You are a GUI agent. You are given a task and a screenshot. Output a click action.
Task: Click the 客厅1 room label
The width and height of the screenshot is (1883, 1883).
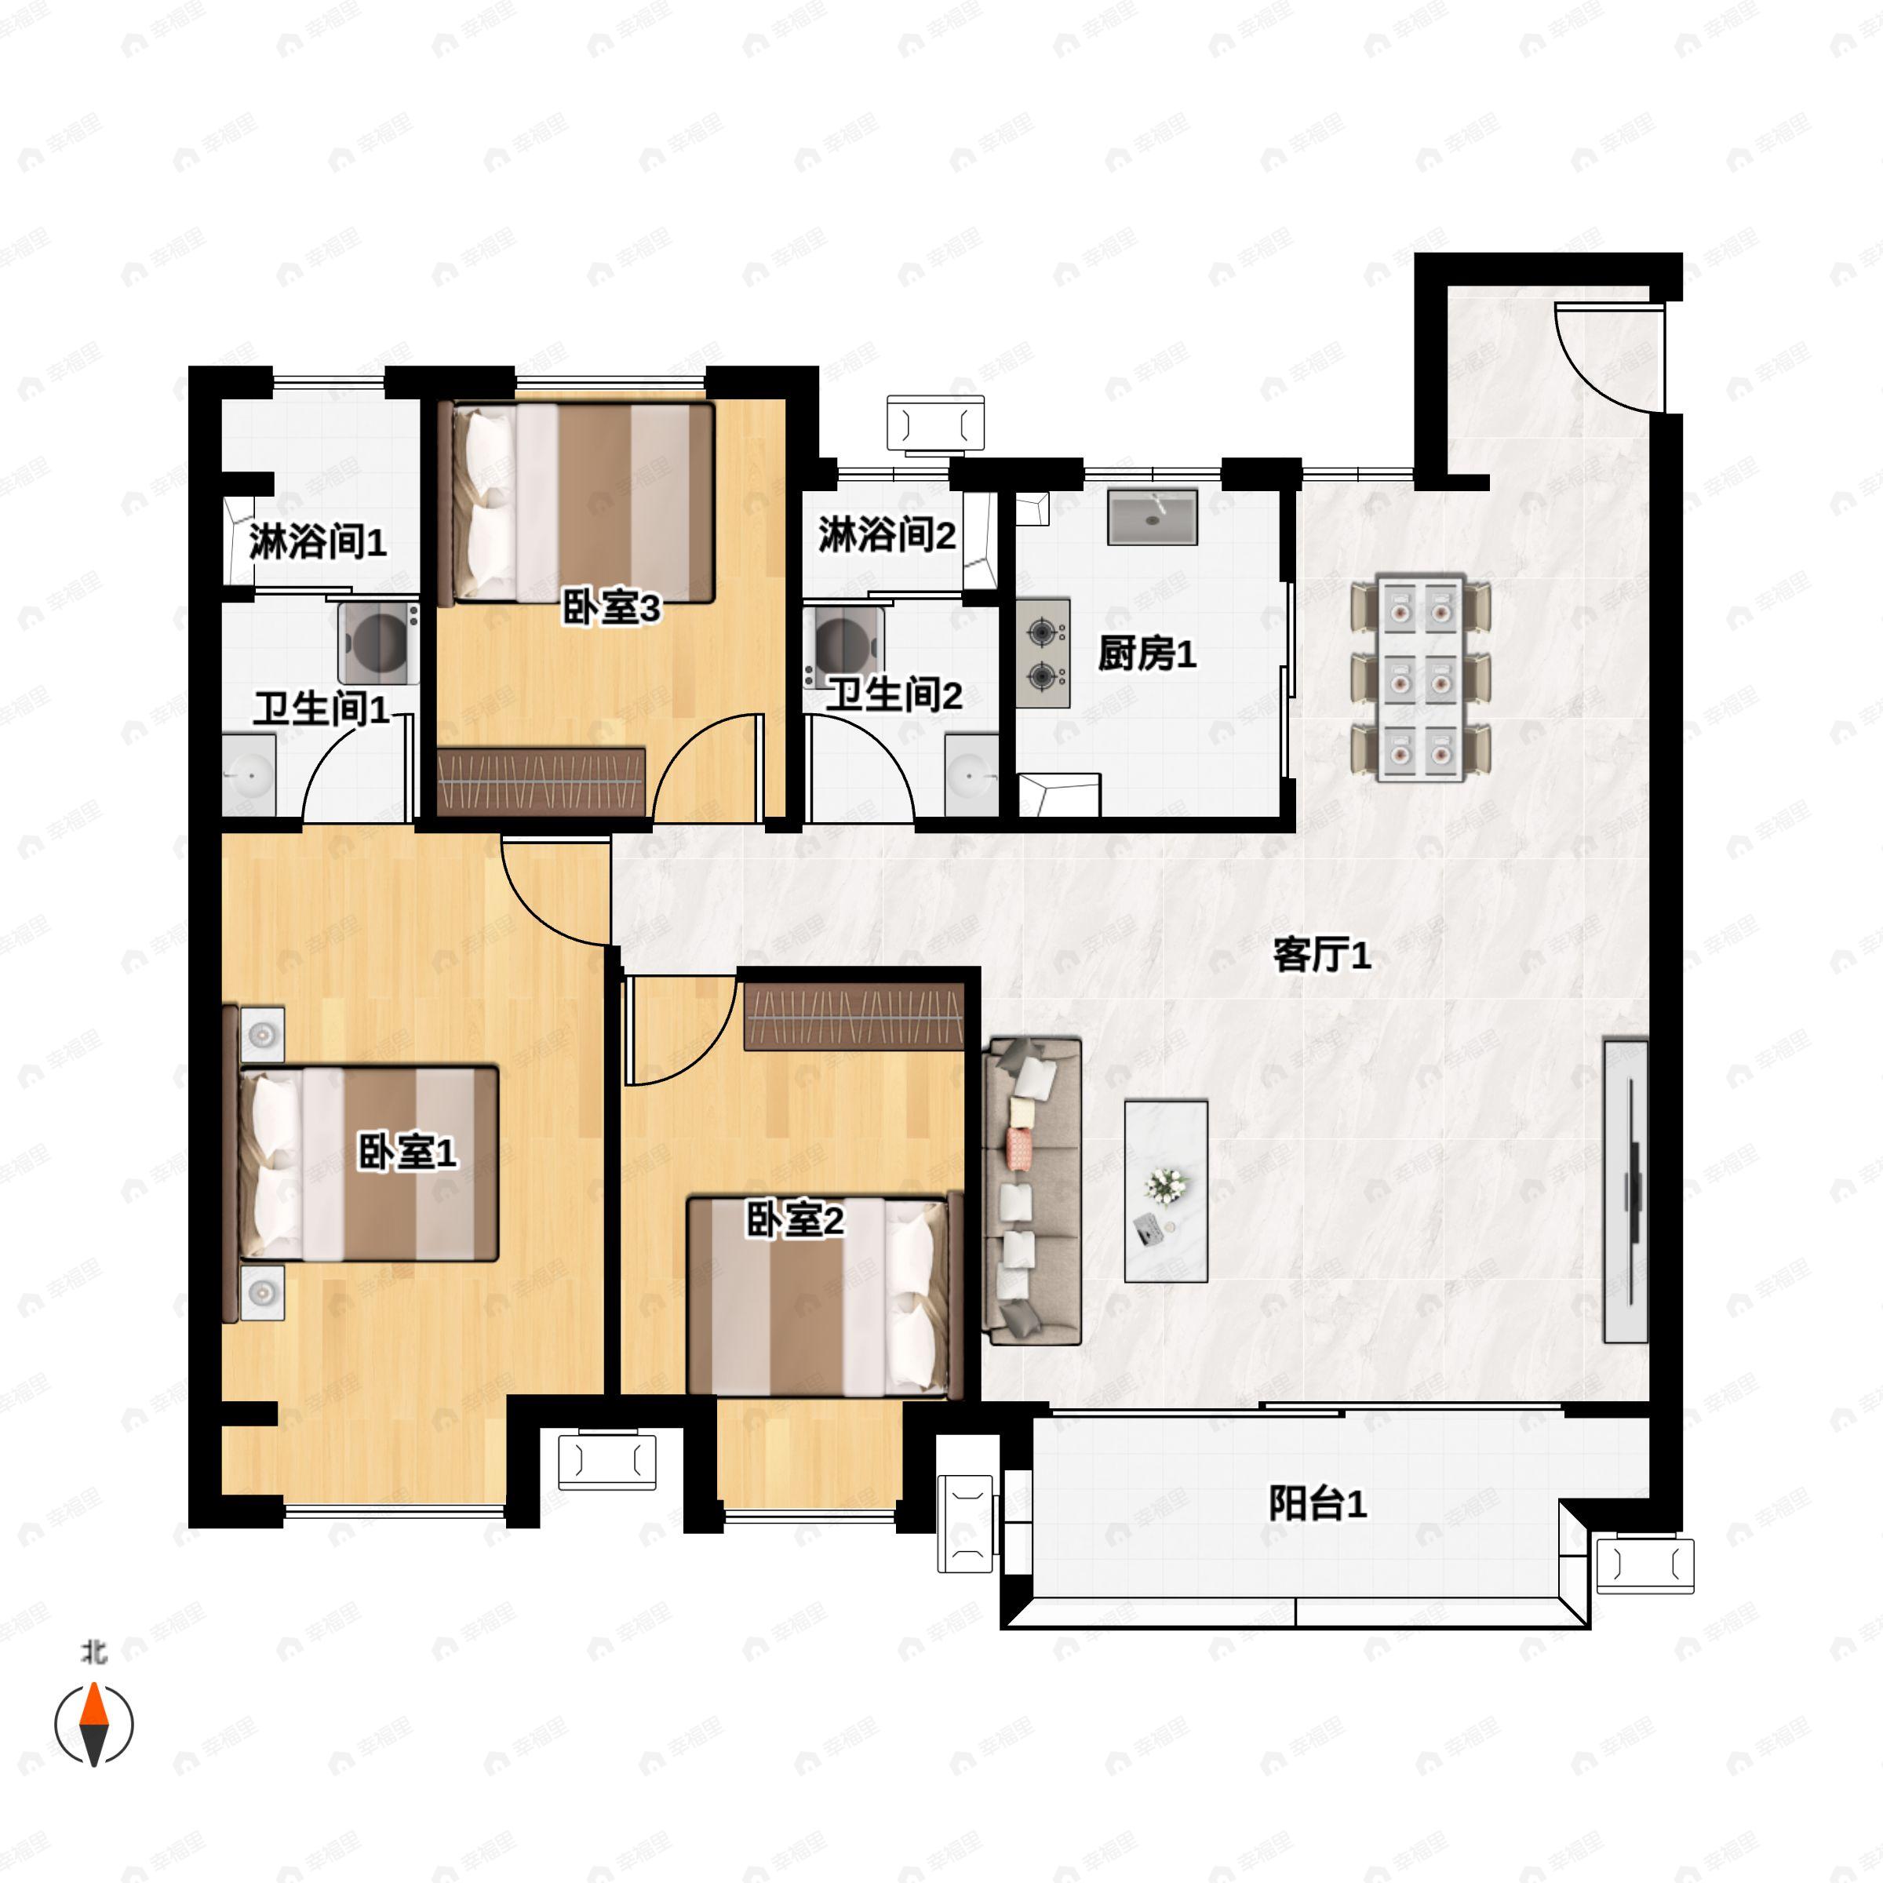point(1321,956)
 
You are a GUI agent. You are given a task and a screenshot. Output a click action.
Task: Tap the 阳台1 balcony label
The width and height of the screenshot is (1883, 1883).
point(1317,1504)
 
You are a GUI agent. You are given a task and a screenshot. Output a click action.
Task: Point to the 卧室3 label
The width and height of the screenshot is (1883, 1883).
point(611,608)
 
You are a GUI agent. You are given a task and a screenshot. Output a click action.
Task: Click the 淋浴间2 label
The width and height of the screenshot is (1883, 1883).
point(886,535)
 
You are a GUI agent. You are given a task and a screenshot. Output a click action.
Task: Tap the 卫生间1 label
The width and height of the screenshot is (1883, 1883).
point(322,708)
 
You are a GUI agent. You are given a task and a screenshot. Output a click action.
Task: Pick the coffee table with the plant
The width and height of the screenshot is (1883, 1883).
point(1166,1191)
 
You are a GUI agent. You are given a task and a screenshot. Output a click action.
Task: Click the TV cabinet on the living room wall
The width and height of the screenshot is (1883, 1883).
point(1626,1191)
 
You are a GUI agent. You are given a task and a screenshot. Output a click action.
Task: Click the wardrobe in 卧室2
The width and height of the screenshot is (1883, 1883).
point(854,1017)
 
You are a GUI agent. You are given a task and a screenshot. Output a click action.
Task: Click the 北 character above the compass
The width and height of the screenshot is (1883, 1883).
point(94,1652)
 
